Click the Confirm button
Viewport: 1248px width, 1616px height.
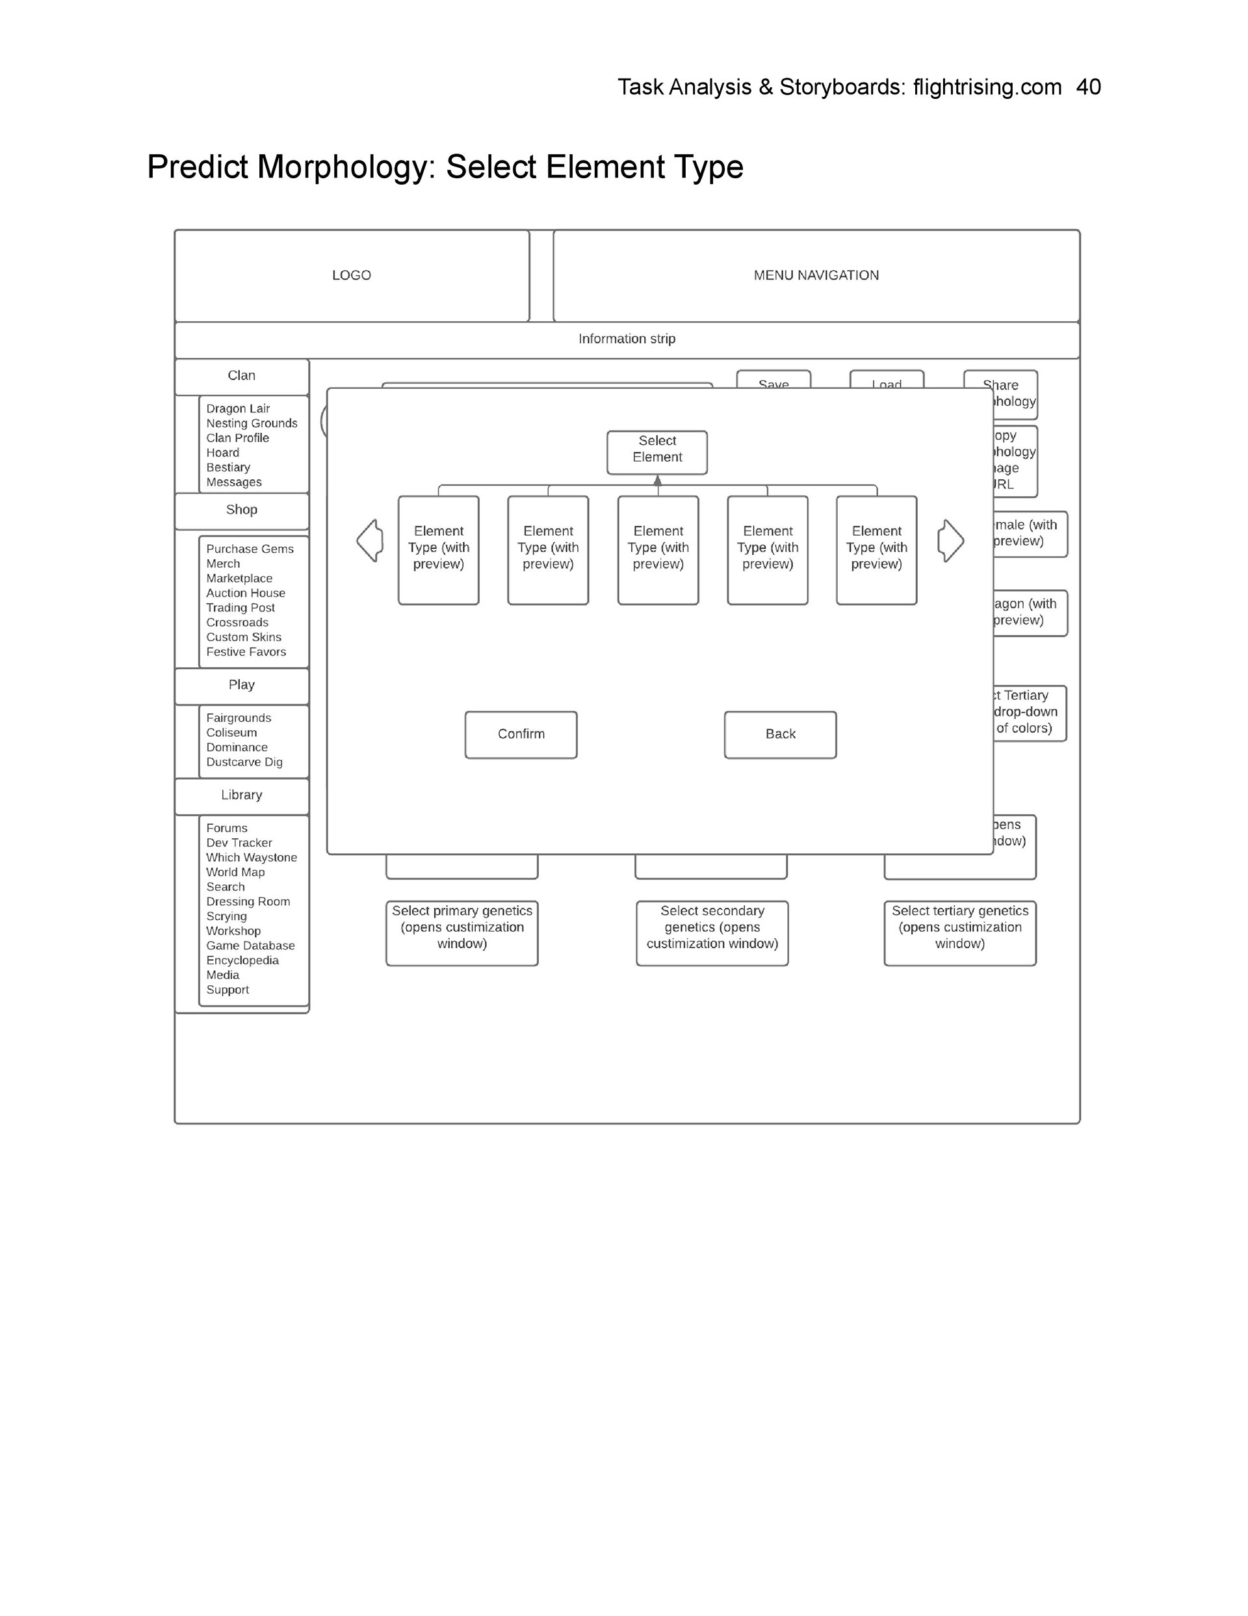coord(521,734)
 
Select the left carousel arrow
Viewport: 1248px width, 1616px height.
coord(370,540)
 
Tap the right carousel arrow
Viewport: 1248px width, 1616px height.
coord(950,540)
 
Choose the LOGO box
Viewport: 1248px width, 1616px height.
coord(352,275)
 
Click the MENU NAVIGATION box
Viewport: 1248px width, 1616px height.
coord(816,275)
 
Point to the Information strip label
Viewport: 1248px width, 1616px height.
coord(627,339)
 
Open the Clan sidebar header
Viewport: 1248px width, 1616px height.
coord(241,376)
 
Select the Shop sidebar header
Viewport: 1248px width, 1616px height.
coord(241,510)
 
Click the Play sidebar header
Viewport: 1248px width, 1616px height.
coord(241,685)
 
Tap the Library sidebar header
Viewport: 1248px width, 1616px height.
coord(241,795)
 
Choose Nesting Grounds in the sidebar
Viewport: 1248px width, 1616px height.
coord(252,423)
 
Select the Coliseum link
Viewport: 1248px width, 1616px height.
coord(231,732)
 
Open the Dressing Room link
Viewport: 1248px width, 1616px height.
coord(248,902)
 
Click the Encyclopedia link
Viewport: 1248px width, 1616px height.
coord(242,960)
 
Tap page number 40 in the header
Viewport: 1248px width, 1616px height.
coord(1088,87)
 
